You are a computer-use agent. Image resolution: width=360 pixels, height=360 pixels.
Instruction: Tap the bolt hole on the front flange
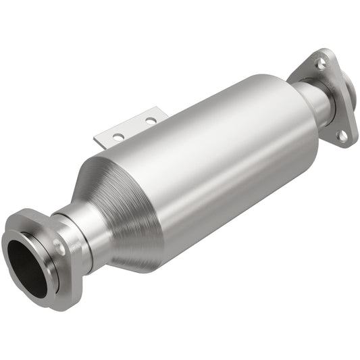point(59,248)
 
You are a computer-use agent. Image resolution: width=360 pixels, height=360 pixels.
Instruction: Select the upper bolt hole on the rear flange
point(321,63)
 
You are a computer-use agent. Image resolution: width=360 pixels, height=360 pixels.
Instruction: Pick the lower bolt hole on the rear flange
point(342,135)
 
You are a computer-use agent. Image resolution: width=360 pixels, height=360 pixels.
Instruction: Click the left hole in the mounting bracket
point(119,136)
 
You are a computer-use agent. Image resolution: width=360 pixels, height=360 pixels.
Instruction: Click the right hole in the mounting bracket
point(150,122)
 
